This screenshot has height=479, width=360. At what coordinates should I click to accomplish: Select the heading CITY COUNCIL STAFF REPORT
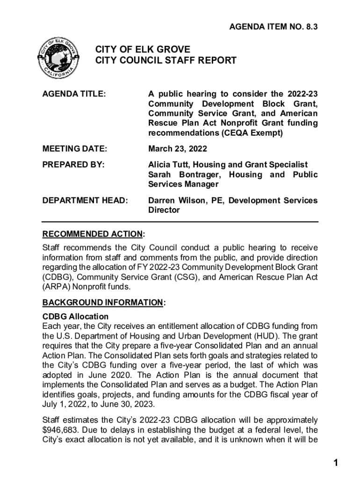[x=166, y=60]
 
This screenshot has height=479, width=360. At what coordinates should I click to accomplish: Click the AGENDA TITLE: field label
[x=74, y=94]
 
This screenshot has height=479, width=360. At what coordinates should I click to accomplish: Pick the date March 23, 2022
[x=178, y=149]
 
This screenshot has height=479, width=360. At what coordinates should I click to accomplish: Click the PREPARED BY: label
[x=73, y=164]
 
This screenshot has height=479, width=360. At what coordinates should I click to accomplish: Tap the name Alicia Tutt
[x=169, y=164]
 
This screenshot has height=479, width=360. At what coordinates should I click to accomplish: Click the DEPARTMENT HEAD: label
[x=85, y=200]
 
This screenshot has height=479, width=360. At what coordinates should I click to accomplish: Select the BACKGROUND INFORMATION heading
[x=102, y=303]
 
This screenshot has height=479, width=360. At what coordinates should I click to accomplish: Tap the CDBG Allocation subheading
[x=75, y=317]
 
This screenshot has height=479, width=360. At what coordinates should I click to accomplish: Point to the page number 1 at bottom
[x=335, y=463]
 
